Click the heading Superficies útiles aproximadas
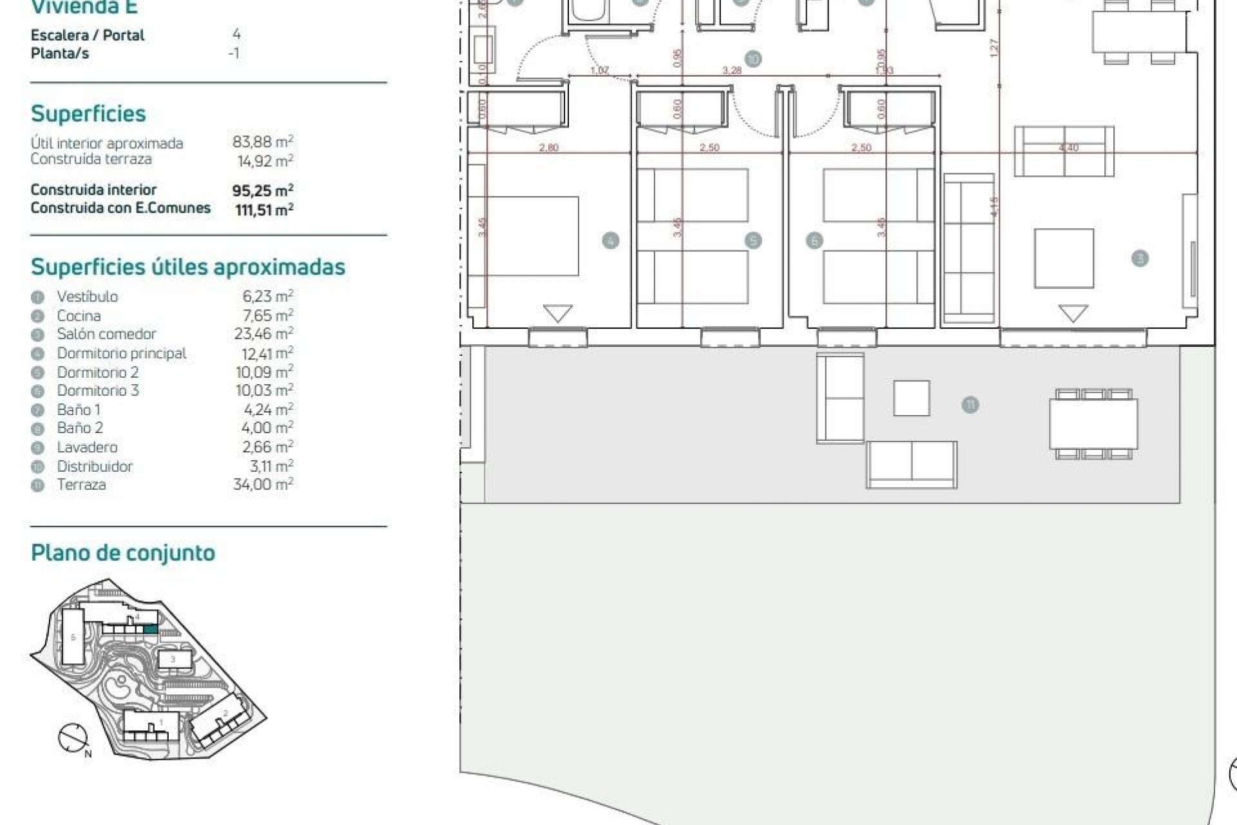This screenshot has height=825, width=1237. click(x=188, y=267)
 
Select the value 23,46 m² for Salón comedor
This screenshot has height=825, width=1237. click(x=264, y=333)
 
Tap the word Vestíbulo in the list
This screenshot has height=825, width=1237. click(x=88, y=296)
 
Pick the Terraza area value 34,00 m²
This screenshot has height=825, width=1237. click(x=263, y=484)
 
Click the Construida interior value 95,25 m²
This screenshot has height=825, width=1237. click(x=263, y=190)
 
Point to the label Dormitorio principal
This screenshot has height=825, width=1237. click(x=122, y=353)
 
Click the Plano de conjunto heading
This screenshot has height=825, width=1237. click(x=123, y=553)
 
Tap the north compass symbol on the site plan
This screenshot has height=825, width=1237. click(x=73, y=739)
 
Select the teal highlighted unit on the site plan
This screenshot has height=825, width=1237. click(x=149, y=629)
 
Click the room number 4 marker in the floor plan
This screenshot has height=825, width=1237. click(x=611, y=241)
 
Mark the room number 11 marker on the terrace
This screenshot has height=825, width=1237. click(x=970, y=405)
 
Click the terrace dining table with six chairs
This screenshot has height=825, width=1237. click(x=1093, y=424)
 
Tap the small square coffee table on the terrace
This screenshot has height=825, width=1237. click(x=911, y=398)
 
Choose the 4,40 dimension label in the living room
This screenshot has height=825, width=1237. click(x=1069, y=148)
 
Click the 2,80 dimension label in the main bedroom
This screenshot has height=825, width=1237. click(x=549, y=148)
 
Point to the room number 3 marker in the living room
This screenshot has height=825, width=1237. click(x=1140, y=258)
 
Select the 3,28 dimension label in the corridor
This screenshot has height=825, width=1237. click(x=732, y=70)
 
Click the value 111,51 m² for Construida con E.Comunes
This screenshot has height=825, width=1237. click(x=264, y=209)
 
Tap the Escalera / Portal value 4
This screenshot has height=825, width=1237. click(x=236, y=34)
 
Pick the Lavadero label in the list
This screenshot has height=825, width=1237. click(x=87, y=447)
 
